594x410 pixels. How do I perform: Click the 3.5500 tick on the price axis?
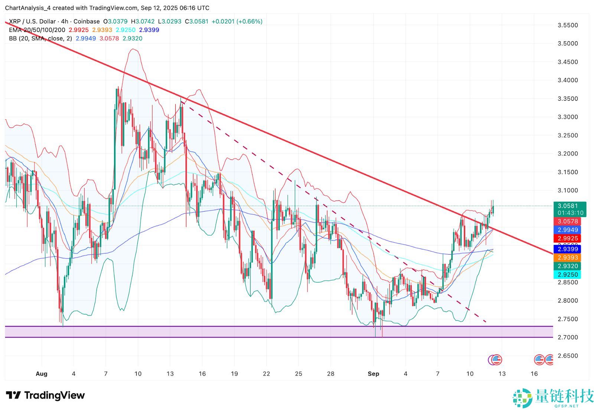(x=568, y=25)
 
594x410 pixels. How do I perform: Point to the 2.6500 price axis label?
(x=568, y=356)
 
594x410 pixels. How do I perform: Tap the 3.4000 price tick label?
(x=568, y=80)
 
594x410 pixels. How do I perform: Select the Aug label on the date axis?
(x=42, y=374)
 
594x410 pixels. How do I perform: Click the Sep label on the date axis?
(x=373, y=374)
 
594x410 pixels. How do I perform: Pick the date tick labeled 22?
(x=266, y=374)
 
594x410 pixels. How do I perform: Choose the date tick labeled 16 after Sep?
(x=534, y=374)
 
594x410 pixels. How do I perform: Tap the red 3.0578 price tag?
(x=568, y=222)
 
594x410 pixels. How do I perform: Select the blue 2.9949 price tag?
(x=568, y=230)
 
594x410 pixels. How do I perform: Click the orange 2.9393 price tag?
(x=568, y=258)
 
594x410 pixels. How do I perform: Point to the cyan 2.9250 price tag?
(x=568, y=275)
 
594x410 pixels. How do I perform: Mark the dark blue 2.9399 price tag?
(x=568, y=249)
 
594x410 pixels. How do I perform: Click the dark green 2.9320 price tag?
(x=568, y=266)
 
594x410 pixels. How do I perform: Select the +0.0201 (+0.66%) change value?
(x=237, y=22)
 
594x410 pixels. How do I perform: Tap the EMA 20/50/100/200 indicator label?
(x=37, y=30)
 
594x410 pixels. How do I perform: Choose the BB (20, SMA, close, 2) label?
(x=40, y=39)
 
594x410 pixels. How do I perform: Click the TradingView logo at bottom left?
(x=45, y=396)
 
